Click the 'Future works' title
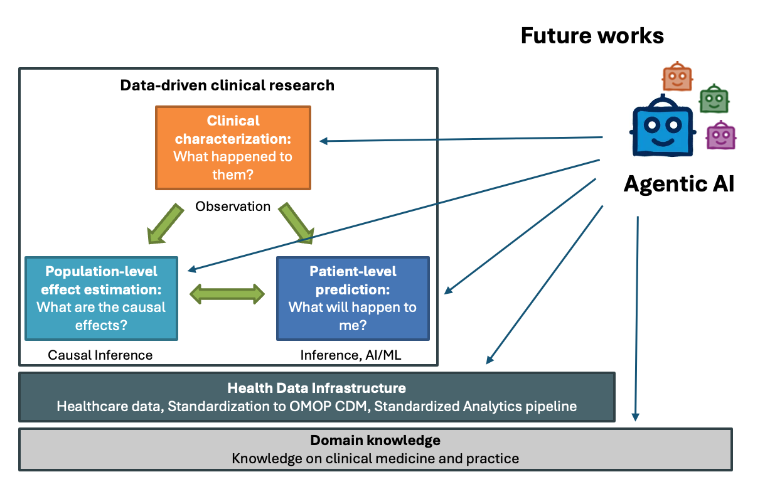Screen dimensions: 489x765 [592, 36]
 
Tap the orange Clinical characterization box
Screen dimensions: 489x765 [233, 148]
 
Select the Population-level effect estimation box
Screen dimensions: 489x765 [101, 298]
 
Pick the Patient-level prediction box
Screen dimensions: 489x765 [353, 298]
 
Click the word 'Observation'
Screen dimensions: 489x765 [233, 206]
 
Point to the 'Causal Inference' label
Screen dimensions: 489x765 [100, 355]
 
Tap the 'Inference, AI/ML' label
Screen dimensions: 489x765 [351, 355]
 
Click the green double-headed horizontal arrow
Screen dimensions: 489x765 [227, 294]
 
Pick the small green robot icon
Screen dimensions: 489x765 [714, 99]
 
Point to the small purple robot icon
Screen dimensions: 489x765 [720, 135]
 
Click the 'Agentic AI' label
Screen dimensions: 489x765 [678, 184]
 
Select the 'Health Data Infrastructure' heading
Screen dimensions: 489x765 [316, 388]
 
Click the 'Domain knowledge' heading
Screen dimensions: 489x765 [375, 440]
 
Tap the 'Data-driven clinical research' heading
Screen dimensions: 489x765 [227, 85]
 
